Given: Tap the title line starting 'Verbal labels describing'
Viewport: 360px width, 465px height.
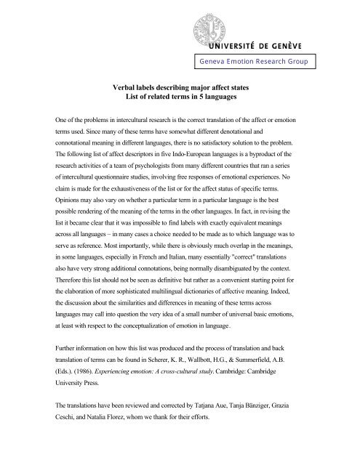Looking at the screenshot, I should [x=180, y=85].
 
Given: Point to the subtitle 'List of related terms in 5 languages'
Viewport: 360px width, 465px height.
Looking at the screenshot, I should [x=180, y=95].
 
